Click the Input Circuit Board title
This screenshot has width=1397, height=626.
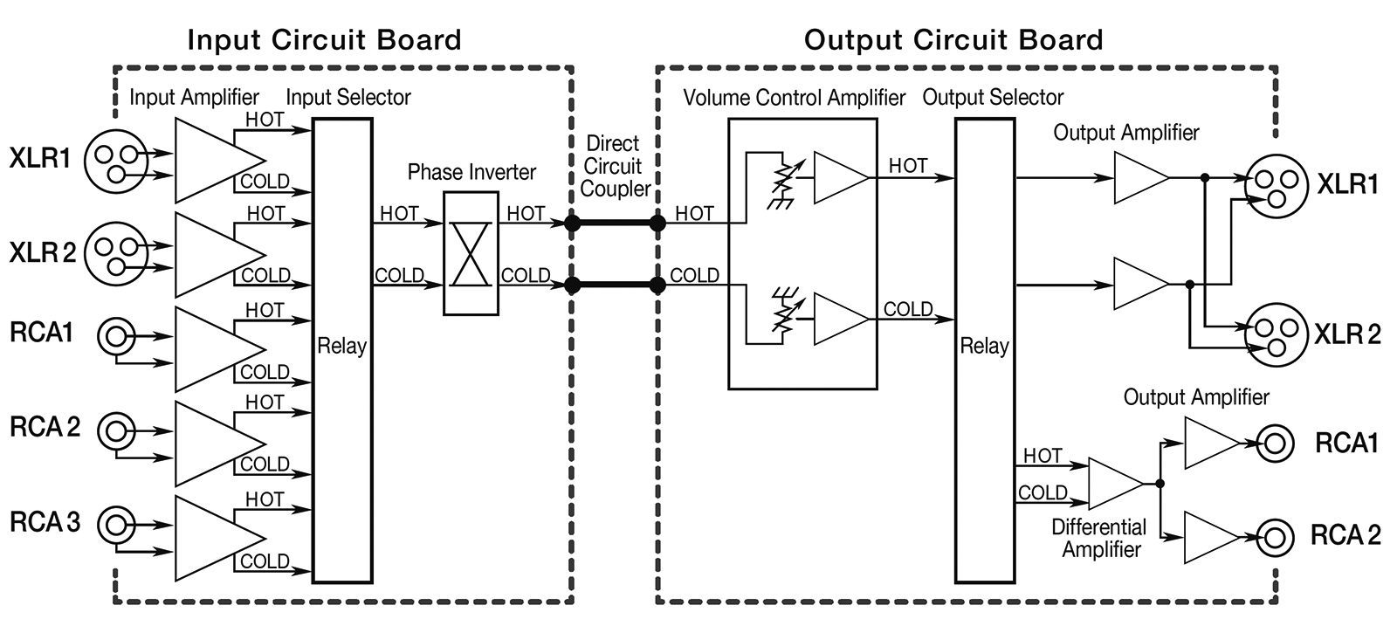[x=324, y=40]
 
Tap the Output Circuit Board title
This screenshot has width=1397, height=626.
[x=953, y=40]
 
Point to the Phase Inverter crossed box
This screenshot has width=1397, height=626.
[x=471, y=253]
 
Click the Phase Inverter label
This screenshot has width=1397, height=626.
[x=471, y=172]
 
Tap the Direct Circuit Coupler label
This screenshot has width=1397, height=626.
[x=614, y=167]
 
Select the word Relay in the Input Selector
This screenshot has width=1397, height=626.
[x=341, y=346]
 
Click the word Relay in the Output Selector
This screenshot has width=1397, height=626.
[x=984, y=346]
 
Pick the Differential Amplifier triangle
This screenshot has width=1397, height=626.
[x=1116, y=484]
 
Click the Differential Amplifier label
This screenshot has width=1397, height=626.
[x=1099, y=538]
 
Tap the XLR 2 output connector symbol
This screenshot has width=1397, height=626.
[x=1276, y=334]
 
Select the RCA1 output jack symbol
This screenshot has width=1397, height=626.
[x=1275, y=444]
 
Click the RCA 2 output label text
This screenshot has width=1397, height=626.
[x=1345, y=535]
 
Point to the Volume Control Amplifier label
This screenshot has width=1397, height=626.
[x=794, y=98]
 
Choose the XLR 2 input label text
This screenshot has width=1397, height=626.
[x=43, y=252]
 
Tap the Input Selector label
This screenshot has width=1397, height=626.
[x=348, y=97]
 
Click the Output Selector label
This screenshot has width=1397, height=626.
[x=993, y=97]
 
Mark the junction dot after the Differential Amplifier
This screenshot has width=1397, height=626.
[x=1160, y=484]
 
